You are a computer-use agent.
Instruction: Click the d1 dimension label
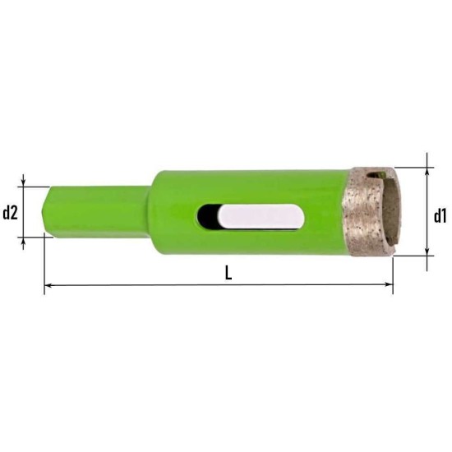440,216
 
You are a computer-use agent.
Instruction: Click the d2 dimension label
10,214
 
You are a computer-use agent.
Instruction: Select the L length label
228,273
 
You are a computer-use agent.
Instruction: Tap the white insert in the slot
261,216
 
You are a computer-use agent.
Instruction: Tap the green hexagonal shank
97,212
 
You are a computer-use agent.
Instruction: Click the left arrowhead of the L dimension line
48,285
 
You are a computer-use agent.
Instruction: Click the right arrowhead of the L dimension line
390,284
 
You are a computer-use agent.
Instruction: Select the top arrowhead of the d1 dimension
427,171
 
